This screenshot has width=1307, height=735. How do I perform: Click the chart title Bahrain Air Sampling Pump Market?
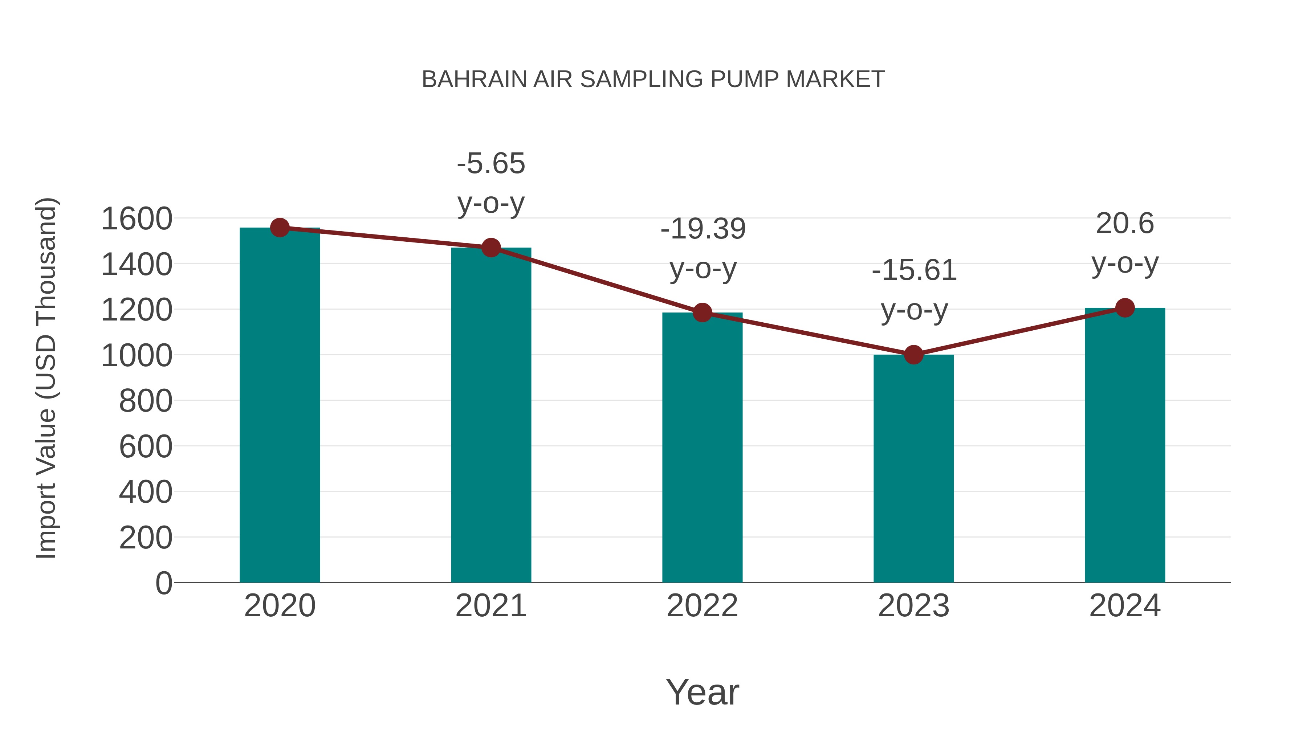[653, 79]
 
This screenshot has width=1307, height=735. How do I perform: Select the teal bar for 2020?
[280, 406]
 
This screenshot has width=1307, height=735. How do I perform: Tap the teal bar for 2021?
[490, 416]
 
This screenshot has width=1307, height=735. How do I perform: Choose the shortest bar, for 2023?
[913, 469]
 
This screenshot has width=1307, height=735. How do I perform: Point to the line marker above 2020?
[280, 228]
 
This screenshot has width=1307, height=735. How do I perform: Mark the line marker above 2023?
[913, 355]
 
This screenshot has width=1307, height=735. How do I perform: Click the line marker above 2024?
[1125, 307]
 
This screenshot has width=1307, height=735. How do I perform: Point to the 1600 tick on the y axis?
[137, 219]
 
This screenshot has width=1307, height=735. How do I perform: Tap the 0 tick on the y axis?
[164, 583]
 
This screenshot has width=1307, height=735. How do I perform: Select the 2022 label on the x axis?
[702, 606]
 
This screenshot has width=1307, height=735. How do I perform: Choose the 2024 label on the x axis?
[1125, 606]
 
